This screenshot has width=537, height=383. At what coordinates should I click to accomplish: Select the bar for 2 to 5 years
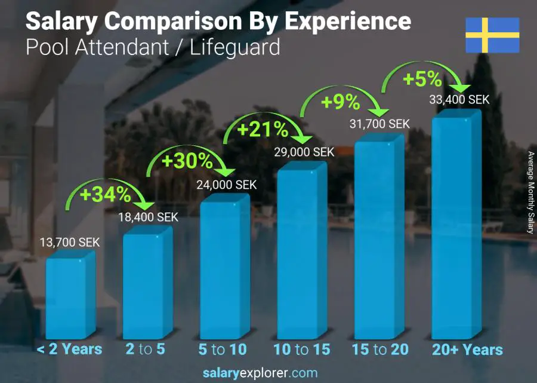[x=147, y=284]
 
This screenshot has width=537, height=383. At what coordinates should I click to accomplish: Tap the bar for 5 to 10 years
[x=224, y=268]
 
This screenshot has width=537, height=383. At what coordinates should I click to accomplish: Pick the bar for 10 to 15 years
[x=301, y=251]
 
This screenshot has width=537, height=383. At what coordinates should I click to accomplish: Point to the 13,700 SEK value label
[x=70, y=243]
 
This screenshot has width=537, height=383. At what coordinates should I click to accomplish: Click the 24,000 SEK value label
[x=227, y=185]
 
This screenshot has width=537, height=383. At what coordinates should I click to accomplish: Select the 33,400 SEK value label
[x=459, y=100]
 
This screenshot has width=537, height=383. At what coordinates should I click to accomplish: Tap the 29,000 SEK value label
[x=304, y=152]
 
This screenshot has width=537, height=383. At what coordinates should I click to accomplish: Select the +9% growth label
[x=341, y=102]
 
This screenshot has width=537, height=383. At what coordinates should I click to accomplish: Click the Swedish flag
[x=492, y=35]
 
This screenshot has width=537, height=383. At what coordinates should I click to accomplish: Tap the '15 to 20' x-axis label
[x=379, y=350]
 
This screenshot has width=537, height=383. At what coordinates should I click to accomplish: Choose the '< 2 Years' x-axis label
[x=70, y=350]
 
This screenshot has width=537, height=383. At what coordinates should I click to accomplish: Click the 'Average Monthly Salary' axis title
[x=530, y=192]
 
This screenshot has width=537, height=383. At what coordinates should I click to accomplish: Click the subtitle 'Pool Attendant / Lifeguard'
[x=153, y=47]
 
